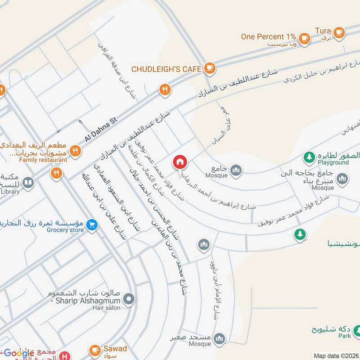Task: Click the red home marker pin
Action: [x=180, y=162]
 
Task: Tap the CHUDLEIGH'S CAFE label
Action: [x=166, y=69]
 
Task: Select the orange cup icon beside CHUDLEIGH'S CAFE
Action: [x=209, y=68]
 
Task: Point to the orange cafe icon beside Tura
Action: [x=339, y=31]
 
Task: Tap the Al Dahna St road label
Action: [x=101, y=128]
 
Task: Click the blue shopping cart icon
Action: [x=92, y=224]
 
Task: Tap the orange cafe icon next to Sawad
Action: [x=94, y=349]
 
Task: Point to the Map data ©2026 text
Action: [x=336, y=356]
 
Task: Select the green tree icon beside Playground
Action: [x=309, y=157]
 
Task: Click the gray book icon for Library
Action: [x=28, y=183]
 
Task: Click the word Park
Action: [x=345, y=336]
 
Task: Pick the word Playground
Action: [x=333, y=162]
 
